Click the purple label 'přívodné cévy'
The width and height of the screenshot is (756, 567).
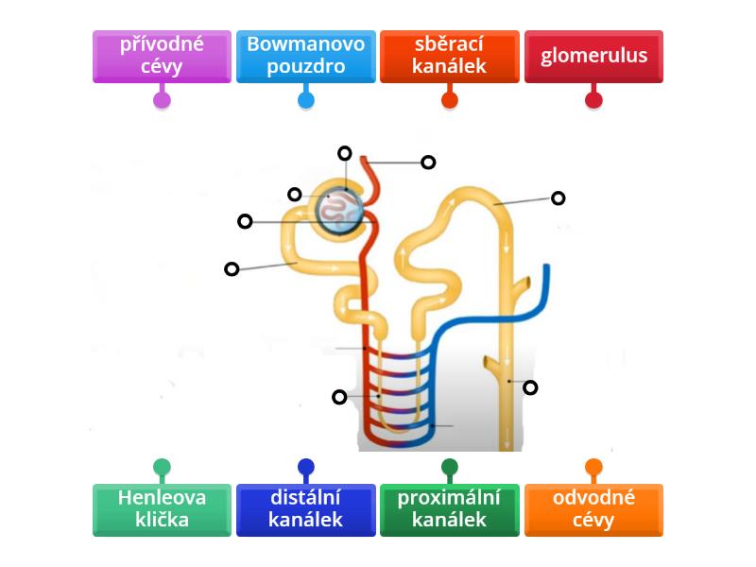point(162,56)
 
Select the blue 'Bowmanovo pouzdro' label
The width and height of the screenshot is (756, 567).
point(306,56)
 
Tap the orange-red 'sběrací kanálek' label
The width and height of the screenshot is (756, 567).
point(450,56)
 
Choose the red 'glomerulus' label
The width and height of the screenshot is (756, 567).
point(593,56)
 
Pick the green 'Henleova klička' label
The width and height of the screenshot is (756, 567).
point(162,509)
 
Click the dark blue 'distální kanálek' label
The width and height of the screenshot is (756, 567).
point(306,509)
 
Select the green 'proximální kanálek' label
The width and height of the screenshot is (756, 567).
point(450,509)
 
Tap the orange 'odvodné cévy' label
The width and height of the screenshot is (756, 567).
point(593,509)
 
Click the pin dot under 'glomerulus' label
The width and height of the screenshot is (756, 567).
point(593,98)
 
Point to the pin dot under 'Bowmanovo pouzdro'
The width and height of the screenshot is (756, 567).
point(306,98)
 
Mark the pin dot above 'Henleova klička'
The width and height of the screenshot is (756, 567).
point(162,467)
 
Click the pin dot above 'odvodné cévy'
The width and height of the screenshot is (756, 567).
point(593,467)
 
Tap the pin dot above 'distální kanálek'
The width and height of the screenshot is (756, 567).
point(306,467)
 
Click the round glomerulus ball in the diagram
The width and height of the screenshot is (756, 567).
point(337,211)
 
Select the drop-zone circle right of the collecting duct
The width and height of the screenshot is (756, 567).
point(530,387)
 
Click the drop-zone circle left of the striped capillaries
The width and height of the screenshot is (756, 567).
point(339,397)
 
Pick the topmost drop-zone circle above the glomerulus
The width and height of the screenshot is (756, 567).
point(345,153)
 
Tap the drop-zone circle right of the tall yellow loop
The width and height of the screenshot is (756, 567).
point(558,198)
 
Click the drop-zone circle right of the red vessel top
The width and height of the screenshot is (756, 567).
point(428,163)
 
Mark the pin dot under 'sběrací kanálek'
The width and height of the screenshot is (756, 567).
point(450,98)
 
